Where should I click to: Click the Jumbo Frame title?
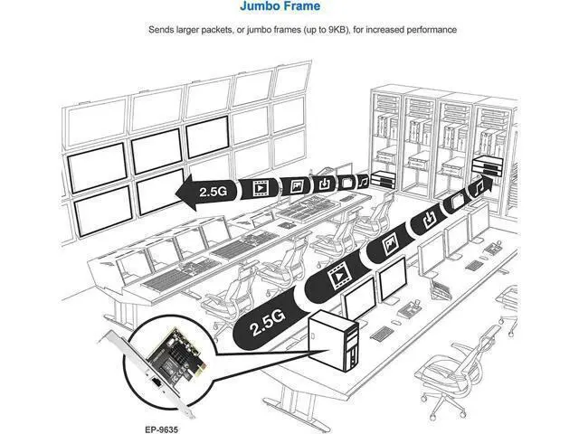pos(280,6)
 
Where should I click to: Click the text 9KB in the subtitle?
pos(337,30)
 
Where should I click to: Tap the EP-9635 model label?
pos(161,429)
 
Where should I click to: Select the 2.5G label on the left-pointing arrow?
pos(213,191)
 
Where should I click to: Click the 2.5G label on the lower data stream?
pos(268,322)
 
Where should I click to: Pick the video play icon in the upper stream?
pos(260,188)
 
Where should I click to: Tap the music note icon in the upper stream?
pos(364,181)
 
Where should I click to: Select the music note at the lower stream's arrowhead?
pos(479,187)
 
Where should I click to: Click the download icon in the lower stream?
pos(429,219)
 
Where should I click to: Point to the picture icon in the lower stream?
pos(390,244)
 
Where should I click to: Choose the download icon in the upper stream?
pos(324,184)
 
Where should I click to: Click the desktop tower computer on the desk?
pos(332,341)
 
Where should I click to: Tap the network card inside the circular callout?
pos(172,358)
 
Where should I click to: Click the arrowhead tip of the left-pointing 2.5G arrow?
pos(176,193)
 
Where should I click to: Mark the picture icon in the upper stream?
pos(296,185)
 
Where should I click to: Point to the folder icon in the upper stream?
pos(346,183)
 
